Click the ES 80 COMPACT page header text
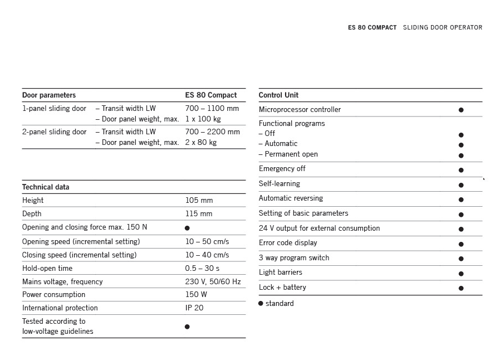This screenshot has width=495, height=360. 372,27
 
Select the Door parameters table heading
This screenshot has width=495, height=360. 49,95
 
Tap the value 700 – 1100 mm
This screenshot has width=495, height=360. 212,109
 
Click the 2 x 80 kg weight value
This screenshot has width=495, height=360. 201,143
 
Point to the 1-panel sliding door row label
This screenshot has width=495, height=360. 54,109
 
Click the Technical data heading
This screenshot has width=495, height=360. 46,187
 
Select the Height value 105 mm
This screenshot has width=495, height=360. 199,201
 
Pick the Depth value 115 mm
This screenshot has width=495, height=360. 199,214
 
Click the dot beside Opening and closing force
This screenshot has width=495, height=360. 187,228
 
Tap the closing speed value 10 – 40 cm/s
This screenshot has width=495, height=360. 207,255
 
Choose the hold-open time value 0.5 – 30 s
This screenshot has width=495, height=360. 202,269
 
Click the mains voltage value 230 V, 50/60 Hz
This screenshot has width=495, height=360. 213,282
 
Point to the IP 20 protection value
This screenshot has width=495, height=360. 194,308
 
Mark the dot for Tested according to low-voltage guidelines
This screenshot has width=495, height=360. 187,327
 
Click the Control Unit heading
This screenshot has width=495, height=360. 278,95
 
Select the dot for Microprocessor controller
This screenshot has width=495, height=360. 461,110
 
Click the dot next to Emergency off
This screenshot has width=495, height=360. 461,170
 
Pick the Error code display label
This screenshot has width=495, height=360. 288,243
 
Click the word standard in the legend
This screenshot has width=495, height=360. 280,304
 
